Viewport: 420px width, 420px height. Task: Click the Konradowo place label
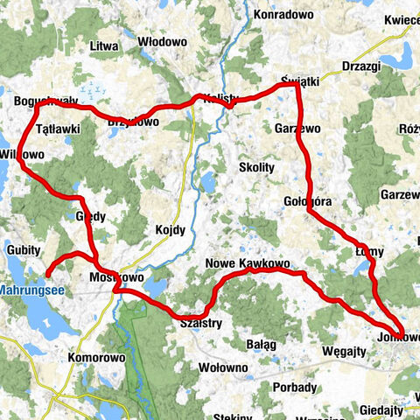[x=283, y=15]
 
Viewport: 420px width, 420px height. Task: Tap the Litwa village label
[x=103, y=45]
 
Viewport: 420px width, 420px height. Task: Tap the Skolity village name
[x=256, y=166]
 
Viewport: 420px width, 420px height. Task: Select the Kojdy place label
[x=171, y=230]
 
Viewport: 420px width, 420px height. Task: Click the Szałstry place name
[x=200, y=322]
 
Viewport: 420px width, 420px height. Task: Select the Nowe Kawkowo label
[x=247, y=263]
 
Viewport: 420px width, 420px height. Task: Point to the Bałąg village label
[x=262, y=345]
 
